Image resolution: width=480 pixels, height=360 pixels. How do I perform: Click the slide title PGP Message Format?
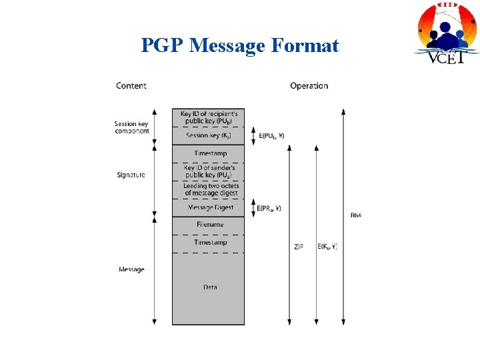[x=239, y=45]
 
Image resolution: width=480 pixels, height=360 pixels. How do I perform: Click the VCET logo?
[x=447, y=33]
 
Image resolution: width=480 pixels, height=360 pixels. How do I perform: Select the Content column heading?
[x=131, y=85]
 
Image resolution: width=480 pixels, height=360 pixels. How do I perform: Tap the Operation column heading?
[x=309, y=85]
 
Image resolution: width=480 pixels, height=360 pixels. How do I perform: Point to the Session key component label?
[x=132, y=127]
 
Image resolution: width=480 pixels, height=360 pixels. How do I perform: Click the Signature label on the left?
[x=131, y=175]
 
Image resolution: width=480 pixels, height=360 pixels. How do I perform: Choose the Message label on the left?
[x=131, y=269]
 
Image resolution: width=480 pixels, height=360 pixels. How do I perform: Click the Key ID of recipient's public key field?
[x=209, y=118]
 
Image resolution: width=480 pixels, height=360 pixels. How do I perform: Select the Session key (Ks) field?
[x=209, y=135]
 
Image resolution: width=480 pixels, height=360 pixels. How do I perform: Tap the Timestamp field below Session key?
[x=209, y=154]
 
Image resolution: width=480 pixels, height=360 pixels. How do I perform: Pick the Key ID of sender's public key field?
[x=209, y=171]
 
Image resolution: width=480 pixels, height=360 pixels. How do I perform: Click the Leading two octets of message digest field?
[x=209, y=189]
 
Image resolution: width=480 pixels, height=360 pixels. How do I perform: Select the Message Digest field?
[x=209, y=207]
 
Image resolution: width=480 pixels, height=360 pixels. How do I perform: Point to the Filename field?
[x=209, y=225]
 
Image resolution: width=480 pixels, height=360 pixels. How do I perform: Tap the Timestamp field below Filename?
[x=209, y=243]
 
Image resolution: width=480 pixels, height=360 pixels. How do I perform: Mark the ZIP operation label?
[x=298, y=247]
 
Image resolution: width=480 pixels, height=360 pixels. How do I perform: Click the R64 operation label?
[x=355, y=215]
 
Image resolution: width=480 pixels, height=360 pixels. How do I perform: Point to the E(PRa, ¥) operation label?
[x=269, y=208]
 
